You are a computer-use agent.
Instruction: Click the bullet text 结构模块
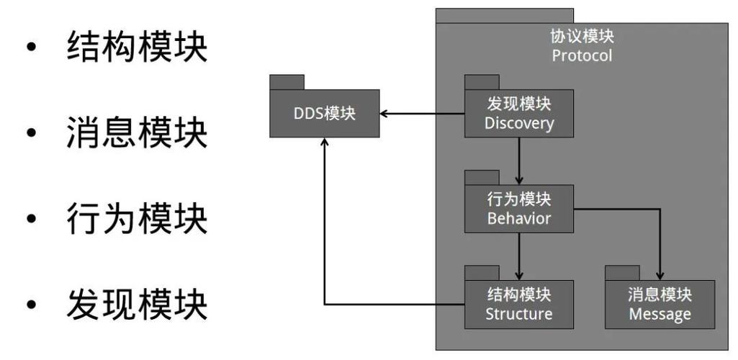coord(137,47)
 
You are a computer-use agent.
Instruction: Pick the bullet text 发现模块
coord(137,303)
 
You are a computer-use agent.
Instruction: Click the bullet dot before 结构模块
coord(30,48)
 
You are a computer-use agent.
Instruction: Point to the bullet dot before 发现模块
coord(30,305)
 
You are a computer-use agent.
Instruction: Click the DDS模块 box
coord(324,114)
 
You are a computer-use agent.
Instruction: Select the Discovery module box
coord(518,114)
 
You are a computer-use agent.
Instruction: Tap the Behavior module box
coord(518,209)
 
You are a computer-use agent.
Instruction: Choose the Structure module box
coord(518,305)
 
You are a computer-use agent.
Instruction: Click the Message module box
coord(660,305)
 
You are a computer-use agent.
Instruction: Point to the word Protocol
coord(582,55)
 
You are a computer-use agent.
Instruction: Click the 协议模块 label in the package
coord(582,36)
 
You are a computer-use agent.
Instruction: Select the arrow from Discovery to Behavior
coord(518,161)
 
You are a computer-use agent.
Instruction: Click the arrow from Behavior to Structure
coord(518,256)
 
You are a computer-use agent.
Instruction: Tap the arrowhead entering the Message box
coord(660,275)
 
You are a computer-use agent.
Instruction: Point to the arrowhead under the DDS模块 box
coord(325,143)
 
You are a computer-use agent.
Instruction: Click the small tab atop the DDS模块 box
coord(287,81)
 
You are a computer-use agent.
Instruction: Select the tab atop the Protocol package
coord(504,15)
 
